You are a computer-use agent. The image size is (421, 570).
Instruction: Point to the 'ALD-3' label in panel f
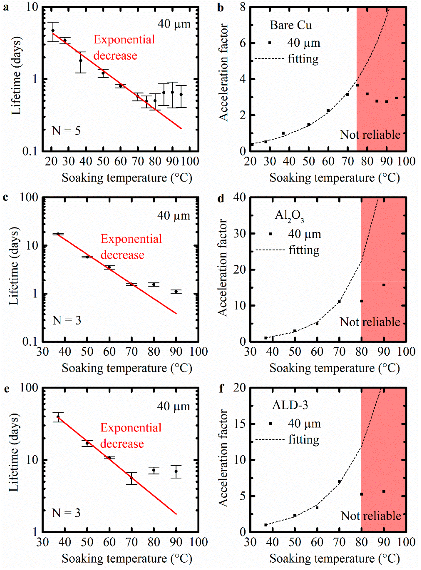click(290, 405)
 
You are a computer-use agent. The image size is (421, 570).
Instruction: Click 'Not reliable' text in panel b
click(370, 135)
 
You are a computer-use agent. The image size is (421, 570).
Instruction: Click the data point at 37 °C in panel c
click(58, 234)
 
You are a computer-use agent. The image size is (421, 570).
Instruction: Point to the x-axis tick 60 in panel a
click(120, 162)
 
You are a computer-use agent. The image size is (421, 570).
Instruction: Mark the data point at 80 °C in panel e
click(154, 470)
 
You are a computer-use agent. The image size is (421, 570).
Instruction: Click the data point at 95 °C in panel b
click(396, 98)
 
